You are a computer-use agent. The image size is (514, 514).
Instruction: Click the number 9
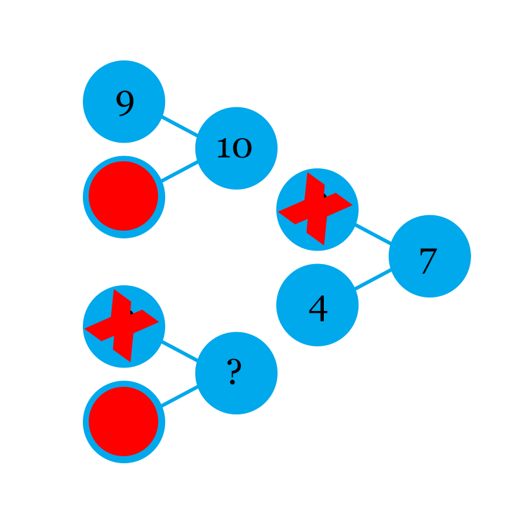pos(125,103)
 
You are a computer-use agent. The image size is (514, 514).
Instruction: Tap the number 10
pos(234,148)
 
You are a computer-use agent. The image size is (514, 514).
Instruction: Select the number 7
pos(428,261)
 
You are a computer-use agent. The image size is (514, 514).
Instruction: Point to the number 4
pos(318,310)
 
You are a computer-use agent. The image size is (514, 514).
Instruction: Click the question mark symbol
pos(234,371)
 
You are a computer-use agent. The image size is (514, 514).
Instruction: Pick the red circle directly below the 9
pos(123,196)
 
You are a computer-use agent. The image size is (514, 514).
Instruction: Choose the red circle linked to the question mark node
pos(123,421)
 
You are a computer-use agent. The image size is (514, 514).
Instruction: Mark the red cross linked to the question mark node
pos(122,326)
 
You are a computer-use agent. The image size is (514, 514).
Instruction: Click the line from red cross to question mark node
pos(179,352)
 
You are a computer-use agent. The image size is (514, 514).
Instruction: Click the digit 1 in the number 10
pos(224,148)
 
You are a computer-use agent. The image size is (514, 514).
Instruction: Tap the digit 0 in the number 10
pos(242,149)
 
